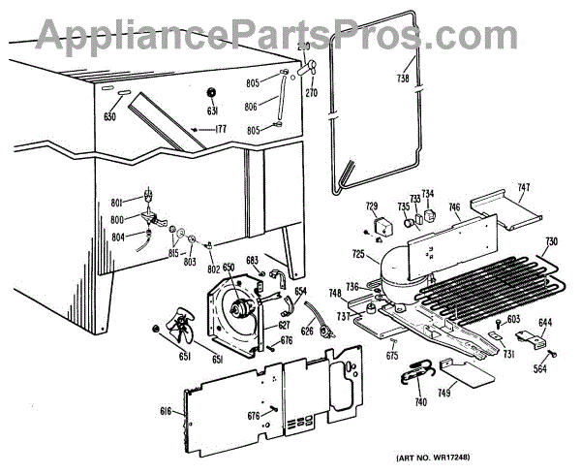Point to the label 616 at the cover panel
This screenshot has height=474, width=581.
pyautogui.click(x=166, y=412)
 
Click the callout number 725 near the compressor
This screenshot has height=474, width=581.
pyautogui.click(x=358, y=254)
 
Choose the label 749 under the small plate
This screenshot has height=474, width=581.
pyautogui.click(x=443, y=394)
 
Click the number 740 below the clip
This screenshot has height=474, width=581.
pyautogui.click(x=419, y=400)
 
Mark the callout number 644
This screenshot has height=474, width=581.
pyautogui.click(x=545, y=322)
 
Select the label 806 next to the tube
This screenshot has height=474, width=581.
pyautogui.click(x=250, y=107)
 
